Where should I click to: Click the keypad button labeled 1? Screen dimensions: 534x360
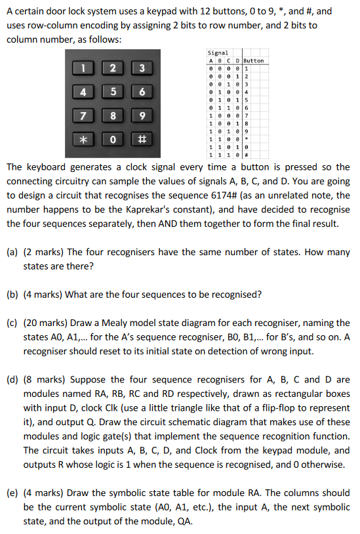pos(84,67)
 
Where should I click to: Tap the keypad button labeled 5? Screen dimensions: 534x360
pos(113,92)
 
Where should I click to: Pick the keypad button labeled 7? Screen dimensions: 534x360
pos(84,117)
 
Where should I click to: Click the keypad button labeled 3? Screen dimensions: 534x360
pos(141,68)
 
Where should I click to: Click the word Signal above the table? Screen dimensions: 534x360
pos(218,53)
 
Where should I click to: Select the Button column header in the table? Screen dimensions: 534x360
pos(254,61)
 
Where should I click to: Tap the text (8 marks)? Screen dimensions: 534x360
pos(41,379)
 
